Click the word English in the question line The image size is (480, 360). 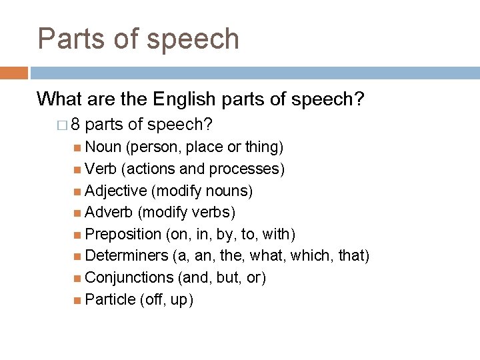[183, 99]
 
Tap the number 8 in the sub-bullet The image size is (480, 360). [75, 125]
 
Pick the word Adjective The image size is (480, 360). [116, 191]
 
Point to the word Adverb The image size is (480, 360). [109, 213]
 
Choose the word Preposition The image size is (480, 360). [123, 235]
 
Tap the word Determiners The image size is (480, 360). [126, 256]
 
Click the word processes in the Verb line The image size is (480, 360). [250, 169]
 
